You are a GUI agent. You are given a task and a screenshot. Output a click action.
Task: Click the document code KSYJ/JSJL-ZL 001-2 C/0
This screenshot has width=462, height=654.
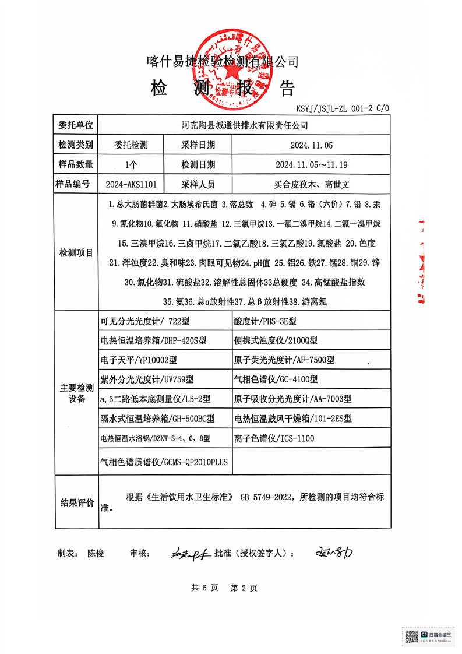pyautogui.click(x=342, y=108)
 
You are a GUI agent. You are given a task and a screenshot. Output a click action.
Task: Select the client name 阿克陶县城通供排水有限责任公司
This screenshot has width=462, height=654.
pyautogui.click(x=244, y=125)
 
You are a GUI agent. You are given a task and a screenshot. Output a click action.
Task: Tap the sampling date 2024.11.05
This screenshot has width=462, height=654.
pyautogui.click(x=312, y=145)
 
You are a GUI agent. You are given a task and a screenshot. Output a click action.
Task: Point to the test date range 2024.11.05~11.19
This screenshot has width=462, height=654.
pyautogui.click(x=312, y=164)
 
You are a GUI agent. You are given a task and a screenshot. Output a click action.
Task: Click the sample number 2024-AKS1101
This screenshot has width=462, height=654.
pyautogui.click(x=131, y=184)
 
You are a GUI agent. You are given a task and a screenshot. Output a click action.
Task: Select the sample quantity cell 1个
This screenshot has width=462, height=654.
pyautogui.click(x=131, y=164)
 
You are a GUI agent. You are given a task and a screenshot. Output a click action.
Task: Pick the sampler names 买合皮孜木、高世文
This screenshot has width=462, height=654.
pyautogui.click(x=312, y=184)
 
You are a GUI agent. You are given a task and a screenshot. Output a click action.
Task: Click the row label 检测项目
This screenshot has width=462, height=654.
pyautogui.click(x=76, y=253)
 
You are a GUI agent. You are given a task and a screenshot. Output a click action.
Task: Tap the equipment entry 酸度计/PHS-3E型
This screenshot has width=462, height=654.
pyautogui.click(x=265, y=321)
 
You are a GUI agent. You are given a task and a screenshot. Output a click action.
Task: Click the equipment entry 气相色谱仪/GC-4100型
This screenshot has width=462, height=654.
pyautogui.click(x=276, y=379)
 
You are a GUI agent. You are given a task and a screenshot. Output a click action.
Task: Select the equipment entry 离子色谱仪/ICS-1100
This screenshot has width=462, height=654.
pyautogui.click(x=274, y=438)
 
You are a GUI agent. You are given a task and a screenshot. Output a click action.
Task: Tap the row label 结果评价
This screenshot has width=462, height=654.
pyautogui.click(x=76, y=502)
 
